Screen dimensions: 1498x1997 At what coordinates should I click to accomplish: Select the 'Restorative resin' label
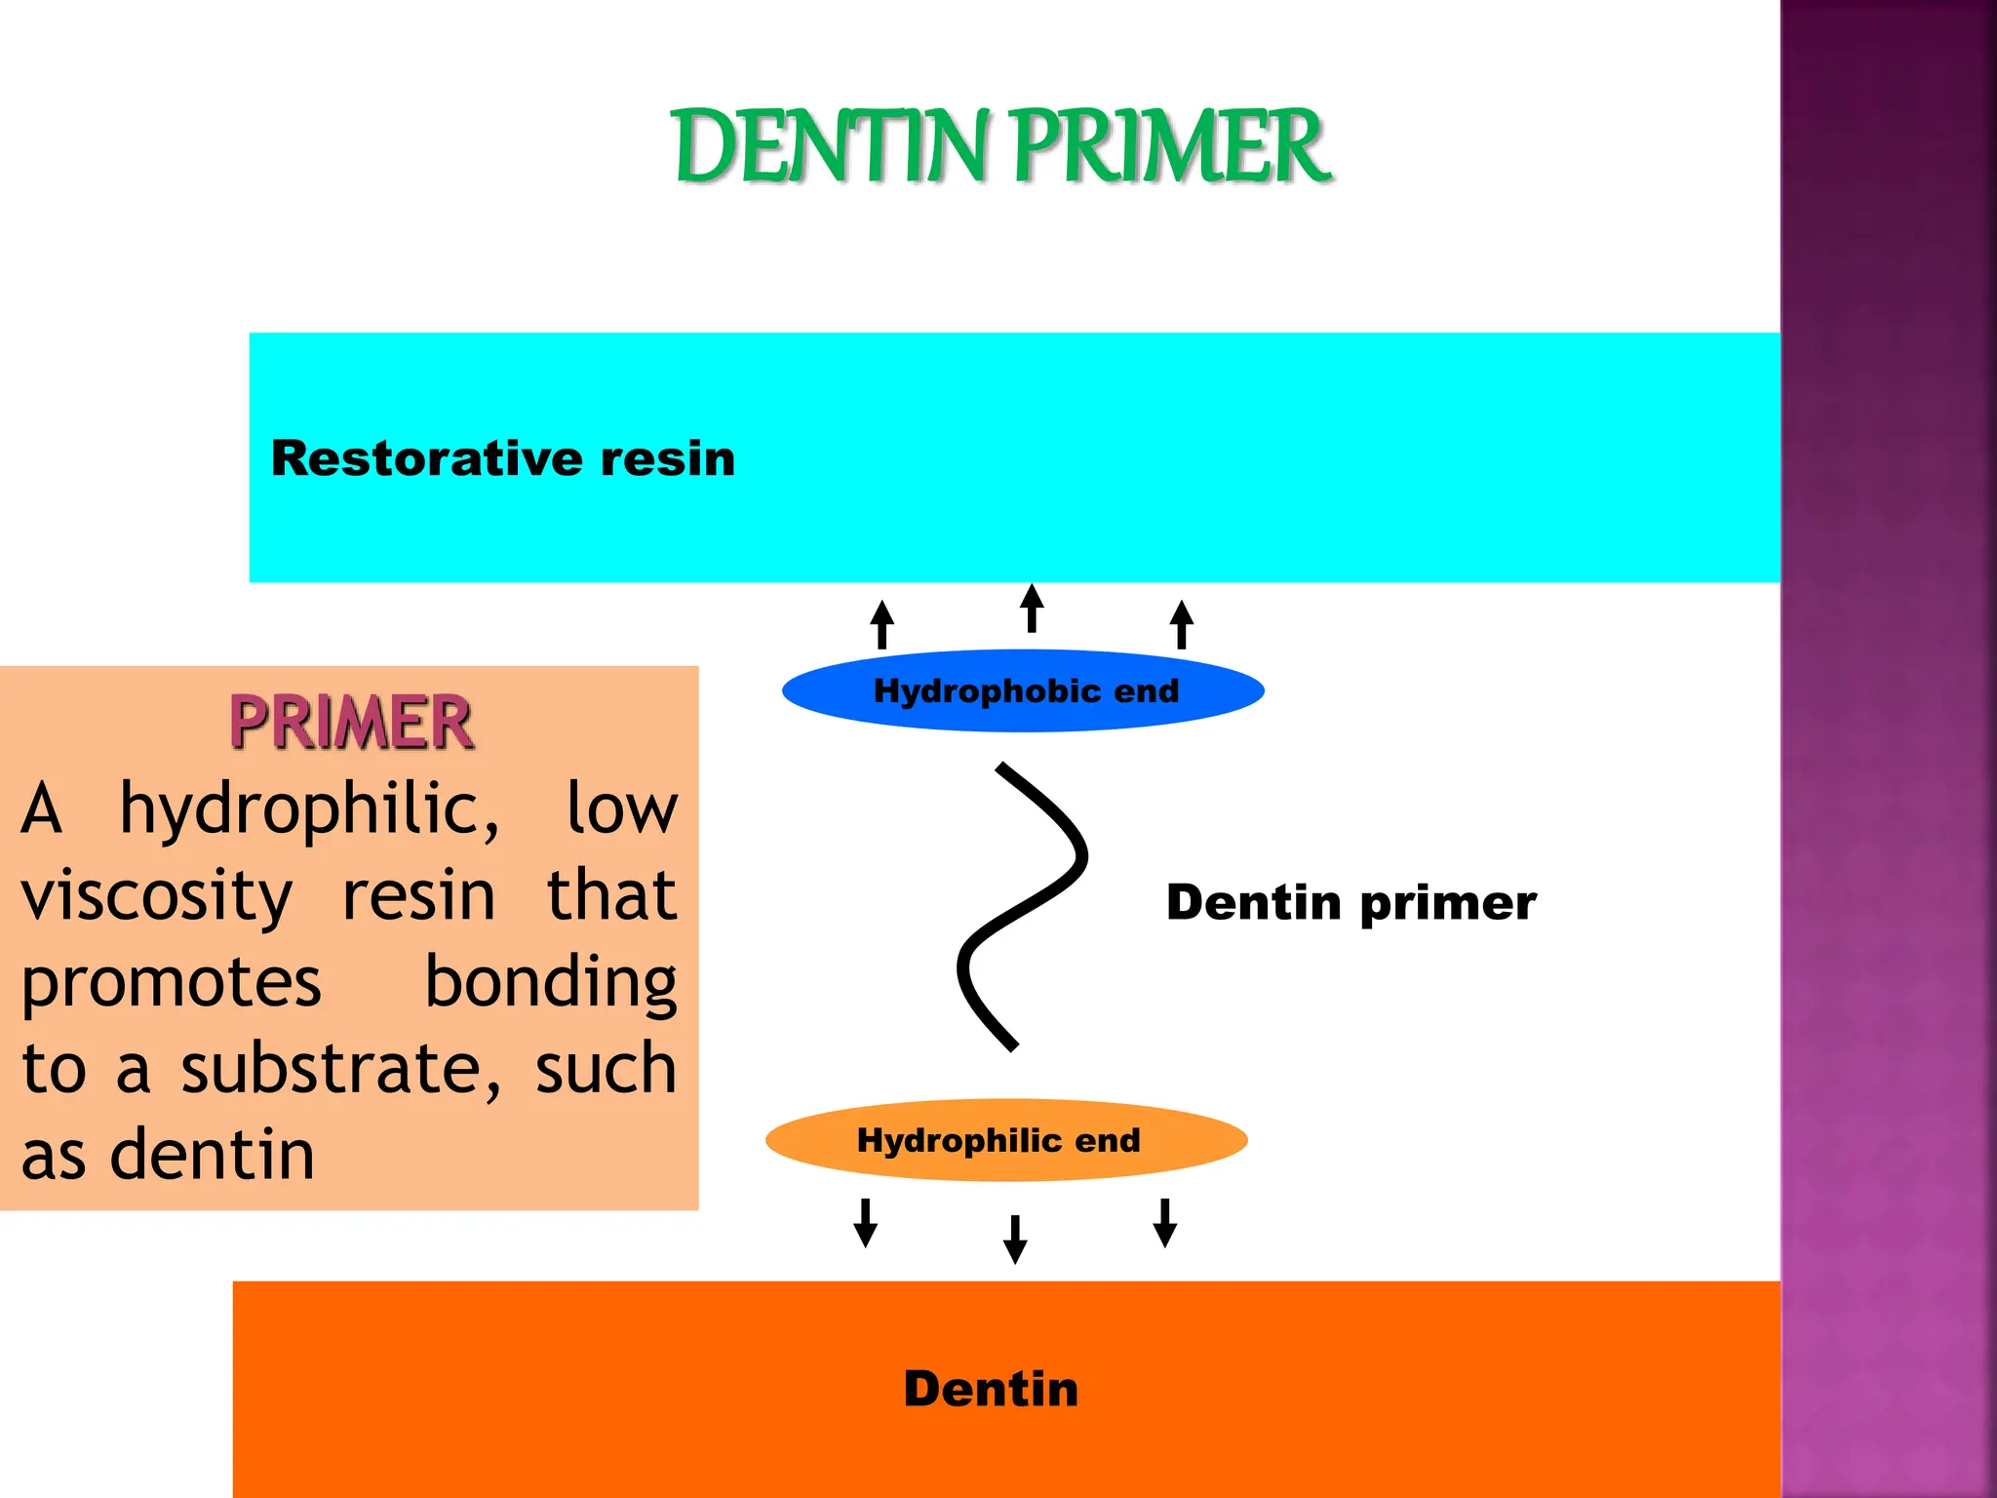(503, 458)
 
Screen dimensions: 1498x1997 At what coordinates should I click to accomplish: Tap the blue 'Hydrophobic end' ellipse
(1024, 690)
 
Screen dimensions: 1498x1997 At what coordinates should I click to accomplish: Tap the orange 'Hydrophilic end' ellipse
(1004, 1140)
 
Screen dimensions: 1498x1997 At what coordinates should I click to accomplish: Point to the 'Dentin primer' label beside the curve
(1351, 902)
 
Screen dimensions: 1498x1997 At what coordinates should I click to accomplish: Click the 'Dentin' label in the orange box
(991, 1389)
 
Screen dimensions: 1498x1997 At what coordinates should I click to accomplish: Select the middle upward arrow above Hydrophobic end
(1032, 609)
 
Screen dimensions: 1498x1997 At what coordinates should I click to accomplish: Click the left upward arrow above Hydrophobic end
(882, 625)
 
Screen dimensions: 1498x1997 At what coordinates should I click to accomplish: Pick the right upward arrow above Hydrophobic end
(1182, 625)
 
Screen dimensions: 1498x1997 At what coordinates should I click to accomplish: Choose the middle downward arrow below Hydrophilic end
(1015, 1239)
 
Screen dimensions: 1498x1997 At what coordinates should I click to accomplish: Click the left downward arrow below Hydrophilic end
(865, 1223)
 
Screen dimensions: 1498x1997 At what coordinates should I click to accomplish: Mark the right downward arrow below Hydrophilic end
(1164, 1223)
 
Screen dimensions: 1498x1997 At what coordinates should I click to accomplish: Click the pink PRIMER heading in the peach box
(351, 723)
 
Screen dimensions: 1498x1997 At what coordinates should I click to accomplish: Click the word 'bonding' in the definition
(551, 983)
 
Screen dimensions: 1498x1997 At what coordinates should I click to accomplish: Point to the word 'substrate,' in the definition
(341, 1069)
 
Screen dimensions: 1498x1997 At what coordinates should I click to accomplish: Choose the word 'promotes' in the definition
(171, 983)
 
